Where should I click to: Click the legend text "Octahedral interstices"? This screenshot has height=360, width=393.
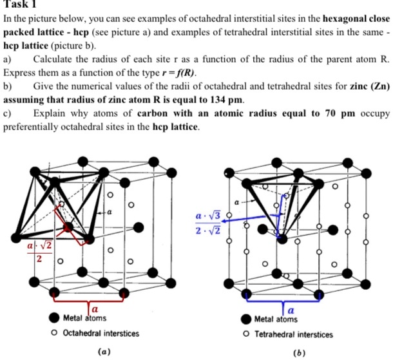(101, 333)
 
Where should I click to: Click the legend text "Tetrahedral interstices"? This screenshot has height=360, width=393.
(294, 334)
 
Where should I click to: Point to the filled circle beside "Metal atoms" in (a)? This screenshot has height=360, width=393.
(56, 319)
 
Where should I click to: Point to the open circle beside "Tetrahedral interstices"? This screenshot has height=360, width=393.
(247, 334)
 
